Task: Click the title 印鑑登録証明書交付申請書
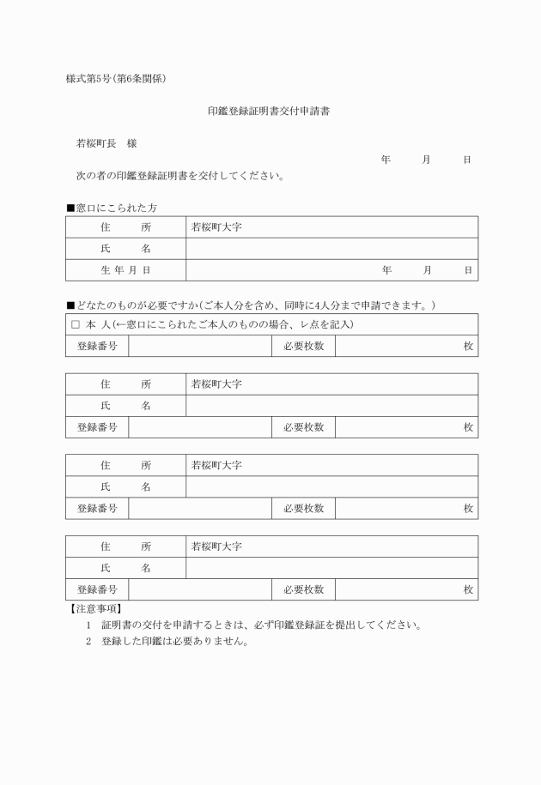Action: pos(270,112)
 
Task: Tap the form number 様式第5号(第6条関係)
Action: pos(116,79)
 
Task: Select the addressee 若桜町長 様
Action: pos(106,144)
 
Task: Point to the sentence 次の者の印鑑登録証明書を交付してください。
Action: pos(180,177)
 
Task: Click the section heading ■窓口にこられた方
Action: pos(111,208)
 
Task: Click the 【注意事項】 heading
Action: pos(94,608)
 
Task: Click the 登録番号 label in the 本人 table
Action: pos(97,346)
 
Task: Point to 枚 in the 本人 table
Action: pos(468,346)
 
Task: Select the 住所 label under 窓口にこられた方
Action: pos(125,227)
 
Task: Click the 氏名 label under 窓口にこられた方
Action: pos(125,249)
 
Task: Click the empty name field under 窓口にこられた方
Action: pos(331,249)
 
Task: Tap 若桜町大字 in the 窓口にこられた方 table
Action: pos(216,227)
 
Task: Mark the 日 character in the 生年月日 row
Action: pos(468,270)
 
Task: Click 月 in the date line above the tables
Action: pos(426,160)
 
